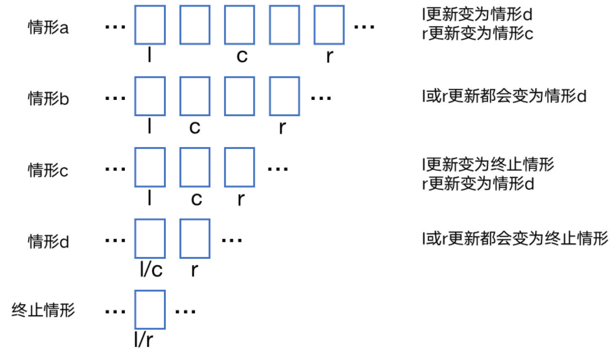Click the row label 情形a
tap(48, 28)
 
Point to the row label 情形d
tap(48, 241)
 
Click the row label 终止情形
tap(43, 310)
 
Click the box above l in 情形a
tap(150, 25)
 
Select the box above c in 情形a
tap(240, 25)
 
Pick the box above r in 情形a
tap(329, 25)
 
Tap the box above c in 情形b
tap(195, 96)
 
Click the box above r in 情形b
tap(284, 96)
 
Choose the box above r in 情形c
tap(240, 167)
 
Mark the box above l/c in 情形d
tap(150, 238)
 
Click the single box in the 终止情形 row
tap(150, 309)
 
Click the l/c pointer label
tap(151, 270)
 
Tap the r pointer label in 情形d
tap(194, 271)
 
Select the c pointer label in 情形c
tap(197, 199)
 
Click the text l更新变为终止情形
tap(487, 164)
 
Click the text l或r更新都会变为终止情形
tap(515, 238)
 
